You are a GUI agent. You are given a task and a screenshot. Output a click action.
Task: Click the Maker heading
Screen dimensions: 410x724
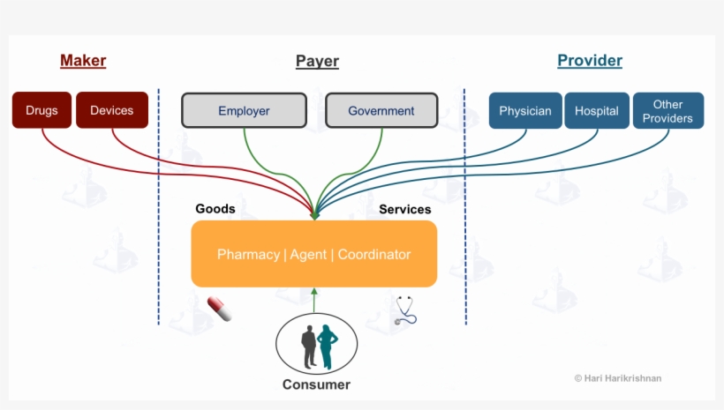click(x=83, y=61)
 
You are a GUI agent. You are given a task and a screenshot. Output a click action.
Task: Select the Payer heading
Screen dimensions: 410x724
click(x=317, y=61)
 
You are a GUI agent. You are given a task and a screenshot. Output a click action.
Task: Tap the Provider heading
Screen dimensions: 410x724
click(x=590, y=61)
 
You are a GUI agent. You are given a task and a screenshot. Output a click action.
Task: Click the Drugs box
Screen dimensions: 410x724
click(x=41, y=110)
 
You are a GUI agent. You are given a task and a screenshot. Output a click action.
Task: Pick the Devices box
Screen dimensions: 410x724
click(x=111, y=110)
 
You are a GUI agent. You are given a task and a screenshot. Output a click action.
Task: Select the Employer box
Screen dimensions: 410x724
click(x=244, y=111)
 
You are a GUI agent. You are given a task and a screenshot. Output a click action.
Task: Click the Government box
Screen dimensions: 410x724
click(x=381, y=111)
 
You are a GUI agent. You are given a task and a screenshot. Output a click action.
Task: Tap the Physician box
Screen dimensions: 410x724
click(x=524, y=111)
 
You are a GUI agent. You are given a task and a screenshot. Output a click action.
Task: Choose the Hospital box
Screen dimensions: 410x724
click(x=597, y=111)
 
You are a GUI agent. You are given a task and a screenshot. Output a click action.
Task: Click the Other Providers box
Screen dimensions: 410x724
click(x=667, y=111)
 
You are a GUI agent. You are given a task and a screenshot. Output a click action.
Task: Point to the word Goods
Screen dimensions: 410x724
click(x=215, y=209)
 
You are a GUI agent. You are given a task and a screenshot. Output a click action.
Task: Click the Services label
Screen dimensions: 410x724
click(x=404, y=209)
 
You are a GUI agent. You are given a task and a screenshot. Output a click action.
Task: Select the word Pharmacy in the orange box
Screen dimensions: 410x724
click(x=248, y=254)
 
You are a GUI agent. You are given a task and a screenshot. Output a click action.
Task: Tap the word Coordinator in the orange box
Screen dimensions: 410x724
click(x=374, y=254)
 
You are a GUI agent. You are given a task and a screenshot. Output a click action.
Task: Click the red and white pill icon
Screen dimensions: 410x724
click(x=219, y=309)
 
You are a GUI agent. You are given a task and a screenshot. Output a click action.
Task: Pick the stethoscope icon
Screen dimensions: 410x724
click(x=406, y=309)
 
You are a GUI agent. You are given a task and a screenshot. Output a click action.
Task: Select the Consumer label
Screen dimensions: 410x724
click(x=316, y=384)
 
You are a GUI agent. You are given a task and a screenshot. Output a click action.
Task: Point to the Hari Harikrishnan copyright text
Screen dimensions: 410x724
click(x=617, y=378)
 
